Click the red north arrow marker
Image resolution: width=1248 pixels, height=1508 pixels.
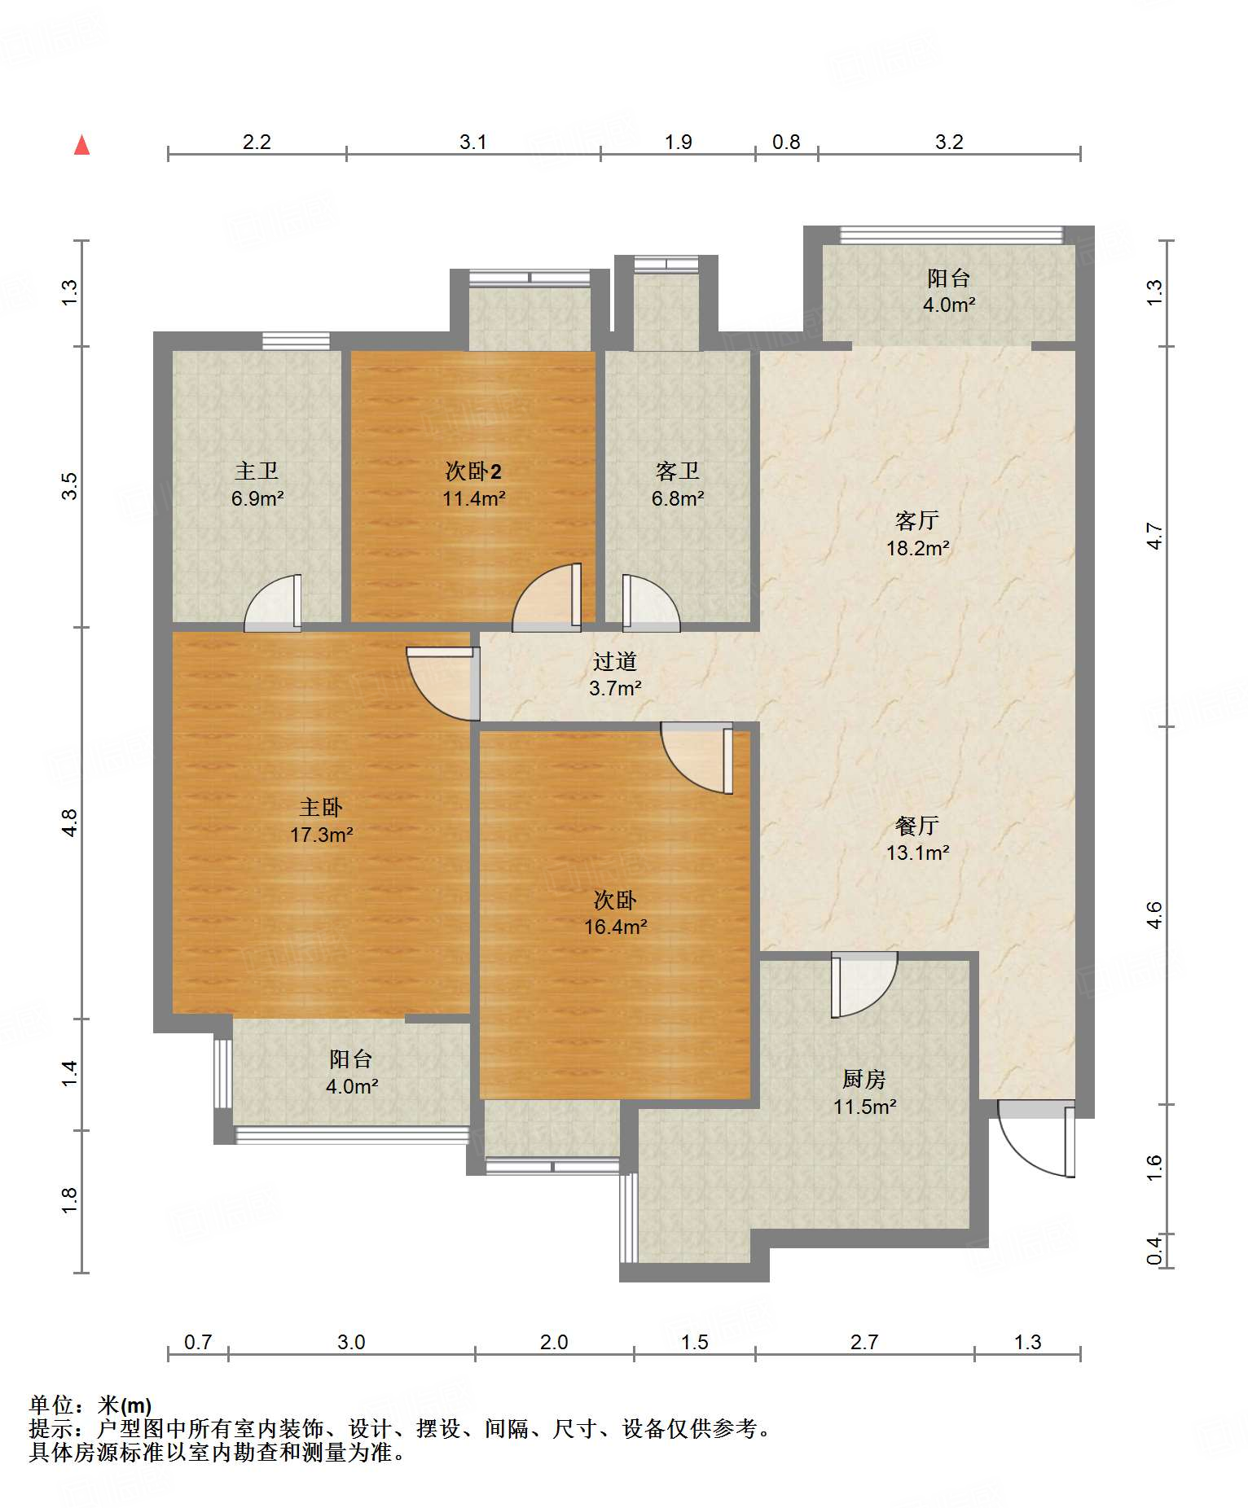[x=81, y=145]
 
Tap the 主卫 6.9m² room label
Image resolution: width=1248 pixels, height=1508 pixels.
[x=257, y=484]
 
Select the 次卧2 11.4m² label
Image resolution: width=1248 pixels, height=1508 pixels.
[x=473, y=484]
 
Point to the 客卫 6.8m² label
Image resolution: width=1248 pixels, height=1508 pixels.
[x=678, y=484]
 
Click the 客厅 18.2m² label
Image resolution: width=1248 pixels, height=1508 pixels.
[x=917, y=533]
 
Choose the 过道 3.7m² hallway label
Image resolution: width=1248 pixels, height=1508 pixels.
[x=615, y=675]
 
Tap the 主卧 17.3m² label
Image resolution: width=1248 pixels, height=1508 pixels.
[x=321, y=821]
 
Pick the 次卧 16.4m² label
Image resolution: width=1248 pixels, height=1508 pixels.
[x=615, y=913]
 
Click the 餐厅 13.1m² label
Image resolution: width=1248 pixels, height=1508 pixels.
[x=917, y=839]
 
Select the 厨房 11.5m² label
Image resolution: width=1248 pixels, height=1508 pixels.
[x=864, y=1093]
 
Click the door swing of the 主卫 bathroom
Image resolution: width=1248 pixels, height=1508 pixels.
[x=273, y=603]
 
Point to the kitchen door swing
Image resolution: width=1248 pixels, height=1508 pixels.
[x=863, y=984]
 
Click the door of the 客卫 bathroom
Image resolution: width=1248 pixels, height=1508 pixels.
[x=652, y=603]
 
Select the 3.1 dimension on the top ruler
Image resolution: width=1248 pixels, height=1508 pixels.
[x=473, y=142]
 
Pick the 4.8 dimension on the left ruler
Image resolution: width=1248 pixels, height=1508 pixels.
[x=70, y=822]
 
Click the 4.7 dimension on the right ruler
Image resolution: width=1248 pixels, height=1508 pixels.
[x=1154, y=536]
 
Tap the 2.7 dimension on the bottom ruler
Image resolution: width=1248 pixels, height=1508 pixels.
[x=864, y=1341]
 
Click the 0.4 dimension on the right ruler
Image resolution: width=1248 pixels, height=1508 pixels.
[x=1154, y=1250]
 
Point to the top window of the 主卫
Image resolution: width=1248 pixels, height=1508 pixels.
[x=297, y=340]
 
